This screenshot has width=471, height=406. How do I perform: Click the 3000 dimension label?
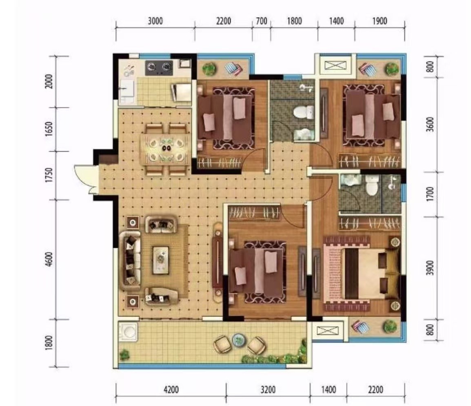pos(155,21)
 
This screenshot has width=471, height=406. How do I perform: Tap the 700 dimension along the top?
pos(261,21)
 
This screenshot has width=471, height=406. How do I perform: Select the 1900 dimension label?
pos(380,21)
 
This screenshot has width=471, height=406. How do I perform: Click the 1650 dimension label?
pos(49,129)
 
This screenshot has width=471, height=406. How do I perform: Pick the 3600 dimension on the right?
pos(431,124)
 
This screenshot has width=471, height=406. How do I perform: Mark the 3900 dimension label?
pos(431,267)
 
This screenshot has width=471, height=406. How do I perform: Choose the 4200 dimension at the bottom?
pos(171,390)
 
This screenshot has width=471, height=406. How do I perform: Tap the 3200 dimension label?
pos(268,390)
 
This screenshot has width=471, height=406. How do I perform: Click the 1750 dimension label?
pos(49,175)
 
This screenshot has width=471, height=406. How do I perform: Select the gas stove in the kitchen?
pos(159,68)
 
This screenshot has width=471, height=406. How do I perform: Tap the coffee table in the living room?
pos(161,260)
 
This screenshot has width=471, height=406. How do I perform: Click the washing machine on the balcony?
pos(128,332)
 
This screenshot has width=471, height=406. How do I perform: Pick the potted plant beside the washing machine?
pos(124,355)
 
